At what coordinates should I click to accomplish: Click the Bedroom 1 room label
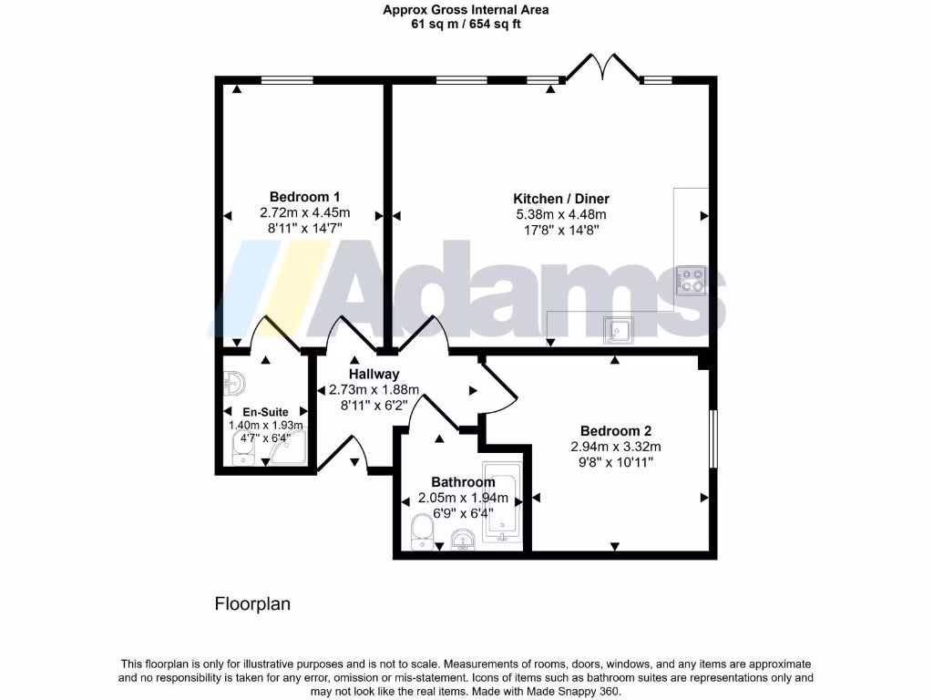pyautogui.click(x=304, y=197)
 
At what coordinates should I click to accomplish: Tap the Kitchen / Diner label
pyautogui.click(x=561, y=199)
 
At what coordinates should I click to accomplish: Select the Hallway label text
pyautogui.click(x=374, y=374)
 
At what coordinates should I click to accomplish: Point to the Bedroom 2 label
pyautogui.click(x=616, y=431)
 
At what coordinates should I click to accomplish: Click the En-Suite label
pyautogui.click(x=265, y=412)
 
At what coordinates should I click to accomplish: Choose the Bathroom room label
pyautogui.click(x=463, y=482)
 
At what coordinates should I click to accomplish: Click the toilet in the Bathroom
pyautogui.click(x=422, y=531)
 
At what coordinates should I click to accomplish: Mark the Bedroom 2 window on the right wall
pyautogui.click(x=713, y=440)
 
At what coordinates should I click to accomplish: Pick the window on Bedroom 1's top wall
pyautogui.click(x=287, y=81)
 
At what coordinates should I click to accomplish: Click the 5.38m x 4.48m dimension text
pyautogui.click(x=561, y=215)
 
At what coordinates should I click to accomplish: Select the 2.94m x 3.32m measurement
pyautogui.click(x=616, y=447)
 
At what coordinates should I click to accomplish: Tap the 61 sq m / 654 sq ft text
pyautogui.click(x=466, y=25)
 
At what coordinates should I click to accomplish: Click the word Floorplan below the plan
pyautogui.click(x=252, y=603)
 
